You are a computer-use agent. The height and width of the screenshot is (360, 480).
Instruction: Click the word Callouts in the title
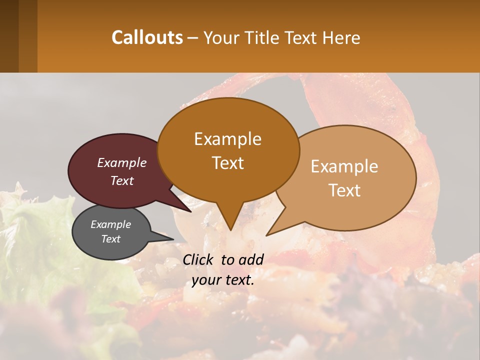click(x=147, y=37)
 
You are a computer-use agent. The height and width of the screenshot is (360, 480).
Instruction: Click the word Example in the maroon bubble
click(x=122, y=163)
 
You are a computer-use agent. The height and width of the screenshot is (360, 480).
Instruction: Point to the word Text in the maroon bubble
click(x=122, y=181)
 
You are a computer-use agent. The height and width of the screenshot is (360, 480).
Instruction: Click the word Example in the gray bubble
click(x=111, y=224)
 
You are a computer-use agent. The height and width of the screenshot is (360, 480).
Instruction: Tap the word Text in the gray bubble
click(x=111, y=239)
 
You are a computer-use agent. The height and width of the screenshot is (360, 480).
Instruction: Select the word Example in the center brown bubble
click(x=227, y=139)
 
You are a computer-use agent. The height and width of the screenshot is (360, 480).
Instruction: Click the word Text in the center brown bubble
click(x=228, y=163)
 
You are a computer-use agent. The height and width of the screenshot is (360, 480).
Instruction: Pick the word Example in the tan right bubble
click(x=344, y=166)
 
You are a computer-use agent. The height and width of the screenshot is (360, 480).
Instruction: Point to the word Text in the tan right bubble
click(x=345, y=190)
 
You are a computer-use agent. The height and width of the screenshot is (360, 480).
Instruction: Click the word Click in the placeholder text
click(x=199, y=259)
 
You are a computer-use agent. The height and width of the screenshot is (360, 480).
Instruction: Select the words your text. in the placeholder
click(x=223, y=280)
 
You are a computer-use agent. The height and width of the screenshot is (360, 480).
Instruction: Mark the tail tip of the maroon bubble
click(x=190, y=211)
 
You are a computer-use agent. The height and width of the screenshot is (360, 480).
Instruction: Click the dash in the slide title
click(x=193, y=38)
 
